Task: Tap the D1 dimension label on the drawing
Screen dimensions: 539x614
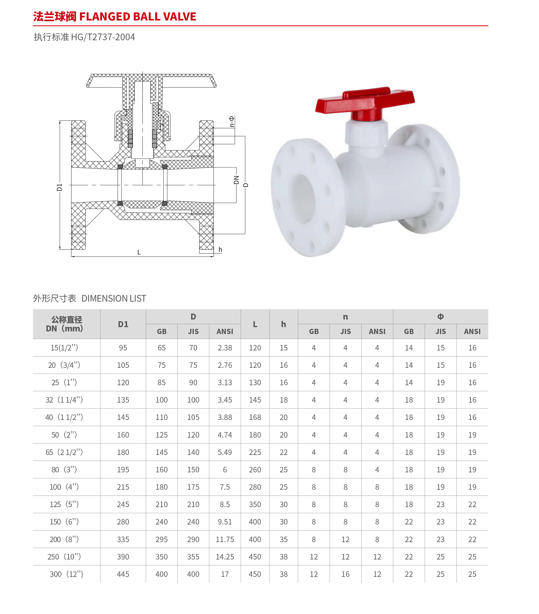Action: pyautogui.click(x=59, y=187)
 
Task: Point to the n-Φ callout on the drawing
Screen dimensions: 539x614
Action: pyautogui.click(x=232, y=122)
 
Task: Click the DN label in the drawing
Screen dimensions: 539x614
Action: pyautogui.click(x=236, y=180)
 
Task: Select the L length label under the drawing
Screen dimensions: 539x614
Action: pyautogui.click(x=139, y=252)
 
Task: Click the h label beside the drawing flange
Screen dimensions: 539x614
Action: pyautogui.click(x=220, y=249)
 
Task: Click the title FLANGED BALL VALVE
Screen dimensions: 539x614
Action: pyautogui.click(x=138, y=16)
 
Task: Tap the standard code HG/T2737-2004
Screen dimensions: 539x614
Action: pyautogui.click(x=103, y=37)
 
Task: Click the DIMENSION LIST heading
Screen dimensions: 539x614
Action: pyautogui.click(x=114, y=298)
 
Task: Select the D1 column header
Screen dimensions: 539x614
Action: pyautogui.click(x=123, y=324)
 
